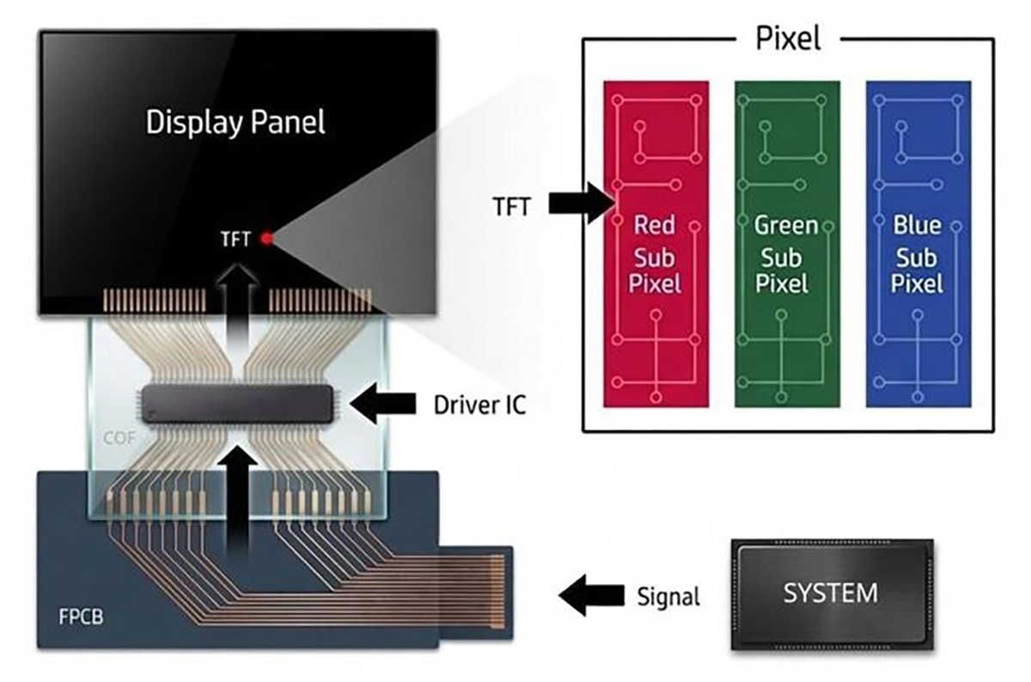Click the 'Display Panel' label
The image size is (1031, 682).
coord(235,122)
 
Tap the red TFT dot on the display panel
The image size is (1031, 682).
coord(266,239)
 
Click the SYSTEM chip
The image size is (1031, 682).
coord(830,594)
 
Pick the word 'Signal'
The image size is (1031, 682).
coord(668,595)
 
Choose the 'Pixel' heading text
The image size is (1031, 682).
coord(788,39)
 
